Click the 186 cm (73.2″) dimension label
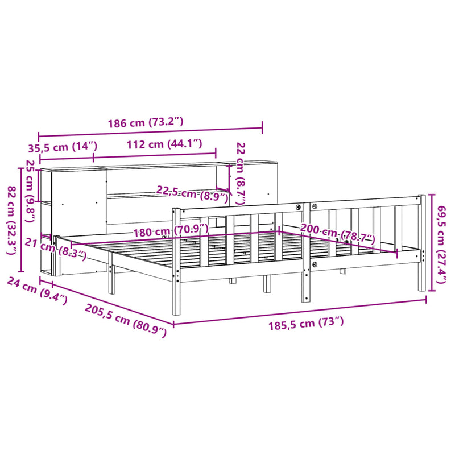(x=146, y=122)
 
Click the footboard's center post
(x=306, y=250)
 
